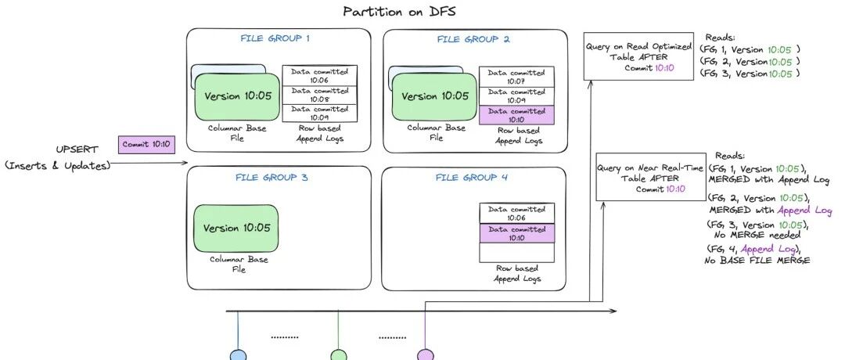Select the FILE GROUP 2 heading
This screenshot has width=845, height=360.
pos(473,38)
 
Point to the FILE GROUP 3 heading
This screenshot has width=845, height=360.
pos(271,178)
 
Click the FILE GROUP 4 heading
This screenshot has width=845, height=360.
pos(473,178)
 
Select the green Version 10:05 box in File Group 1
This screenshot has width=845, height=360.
pos(237,95)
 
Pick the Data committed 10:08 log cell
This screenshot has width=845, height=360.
pos(319,94)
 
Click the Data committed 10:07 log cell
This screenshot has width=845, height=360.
pos(516,76)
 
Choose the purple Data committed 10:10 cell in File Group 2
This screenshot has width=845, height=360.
pos(516,114)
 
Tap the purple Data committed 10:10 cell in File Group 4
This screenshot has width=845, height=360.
pos(516,232)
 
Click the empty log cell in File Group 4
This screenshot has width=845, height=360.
pos(516,253)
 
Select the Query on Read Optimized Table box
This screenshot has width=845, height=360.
pos(639,56)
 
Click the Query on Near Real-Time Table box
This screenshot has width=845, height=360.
pos(639,177)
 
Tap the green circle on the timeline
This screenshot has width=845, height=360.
pos(338,355)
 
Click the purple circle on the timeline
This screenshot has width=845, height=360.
pos(425,355)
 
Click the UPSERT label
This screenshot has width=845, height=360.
pos(75,149)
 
